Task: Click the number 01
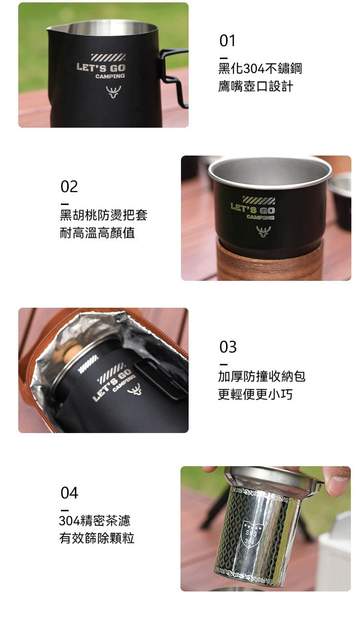coord(228,41)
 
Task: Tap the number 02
coord(69,186)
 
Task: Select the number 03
coord(228,347)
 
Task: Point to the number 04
coord(69,493)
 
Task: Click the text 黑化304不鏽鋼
coord(260,68)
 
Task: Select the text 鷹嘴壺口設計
coord(255,87)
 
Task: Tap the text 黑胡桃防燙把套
coord(103,215)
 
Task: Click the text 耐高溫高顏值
coord(97,233)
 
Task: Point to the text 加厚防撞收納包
coord(262,376)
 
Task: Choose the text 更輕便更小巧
coord(255,395)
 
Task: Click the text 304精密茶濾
coord(95,520)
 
